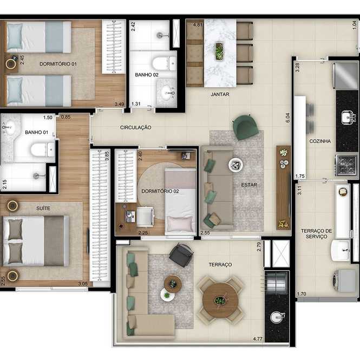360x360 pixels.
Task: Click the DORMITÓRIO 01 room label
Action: (x=58, y=64)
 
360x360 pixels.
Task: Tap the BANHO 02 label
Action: (x=147, y=75)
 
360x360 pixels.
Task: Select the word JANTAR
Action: (x=220, y=94)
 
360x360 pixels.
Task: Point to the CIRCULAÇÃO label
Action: (x=135, y=127)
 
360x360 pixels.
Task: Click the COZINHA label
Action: (x=320, y=141)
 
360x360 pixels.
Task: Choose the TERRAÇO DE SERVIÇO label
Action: (x=316, y=234)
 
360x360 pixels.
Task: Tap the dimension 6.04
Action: (x=288, y=117)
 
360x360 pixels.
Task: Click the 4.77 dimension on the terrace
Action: (x=258, y=339)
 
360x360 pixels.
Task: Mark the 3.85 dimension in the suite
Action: (x=107, y=156)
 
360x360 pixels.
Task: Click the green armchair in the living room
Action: (x=245, y=127)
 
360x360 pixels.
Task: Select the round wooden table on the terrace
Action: (x=220, y=300)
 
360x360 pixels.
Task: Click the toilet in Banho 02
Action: (x=164, y=63)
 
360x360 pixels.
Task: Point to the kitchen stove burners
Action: (x=346, y=165)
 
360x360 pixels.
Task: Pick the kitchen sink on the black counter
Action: (x=348, y=117)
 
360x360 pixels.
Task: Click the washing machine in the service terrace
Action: (x=344, y=280)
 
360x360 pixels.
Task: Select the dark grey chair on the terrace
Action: (x=181, y=255)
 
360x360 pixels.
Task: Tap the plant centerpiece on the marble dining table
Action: (x=219, y=51)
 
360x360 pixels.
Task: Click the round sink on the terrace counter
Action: (x=277, y=317)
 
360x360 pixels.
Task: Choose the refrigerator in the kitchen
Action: (x=345, y=76)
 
